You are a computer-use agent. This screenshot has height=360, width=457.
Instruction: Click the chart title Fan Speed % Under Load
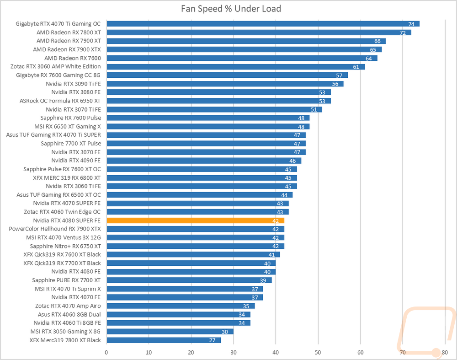(231, 9)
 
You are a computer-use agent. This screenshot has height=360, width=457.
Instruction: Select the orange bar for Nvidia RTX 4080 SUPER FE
(195, 220)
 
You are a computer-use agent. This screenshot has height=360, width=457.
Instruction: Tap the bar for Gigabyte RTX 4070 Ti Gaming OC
(263, 24)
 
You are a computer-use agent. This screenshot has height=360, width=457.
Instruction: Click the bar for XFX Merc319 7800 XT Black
(164, 340)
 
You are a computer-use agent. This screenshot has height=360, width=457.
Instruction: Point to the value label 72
(403, 32)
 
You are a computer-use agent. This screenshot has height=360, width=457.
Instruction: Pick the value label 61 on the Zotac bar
(356, 67)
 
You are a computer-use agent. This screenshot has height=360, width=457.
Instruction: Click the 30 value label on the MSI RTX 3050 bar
(225, 332)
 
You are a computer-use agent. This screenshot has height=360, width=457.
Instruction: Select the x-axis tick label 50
(318, 352)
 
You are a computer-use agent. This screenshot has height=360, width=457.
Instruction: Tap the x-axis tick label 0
(106, 352)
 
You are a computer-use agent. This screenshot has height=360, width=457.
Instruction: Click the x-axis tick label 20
(191, 352)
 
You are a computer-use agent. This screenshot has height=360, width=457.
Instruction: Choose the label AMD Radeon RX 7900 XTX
(67, 49)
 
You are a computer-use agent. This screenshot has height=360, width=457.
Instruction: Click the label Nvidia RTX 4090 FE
(76, 161)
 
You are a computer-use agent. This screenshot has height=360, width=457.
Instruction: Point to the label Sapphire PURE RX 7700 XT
(66, 280)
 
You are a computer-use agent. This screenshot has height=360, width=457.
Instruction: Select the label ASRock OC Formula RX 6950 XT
(60, 101)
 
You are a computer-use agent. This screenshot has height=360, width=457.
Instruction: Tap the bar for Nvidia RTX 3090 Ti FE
(225, 84)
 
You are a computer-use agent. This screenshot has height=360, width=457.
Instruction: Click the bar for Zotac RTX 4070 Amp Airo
(181, 306)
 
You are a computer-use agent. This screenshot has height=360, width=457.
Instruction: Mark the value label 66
(377, 41)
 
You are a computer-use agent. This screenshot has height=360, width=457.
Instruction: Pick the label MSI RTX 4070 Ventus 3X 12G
(64, 237)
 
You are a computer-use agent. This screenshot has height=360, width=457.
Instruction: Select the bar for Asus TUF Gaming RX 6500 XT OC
(200, 195)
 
